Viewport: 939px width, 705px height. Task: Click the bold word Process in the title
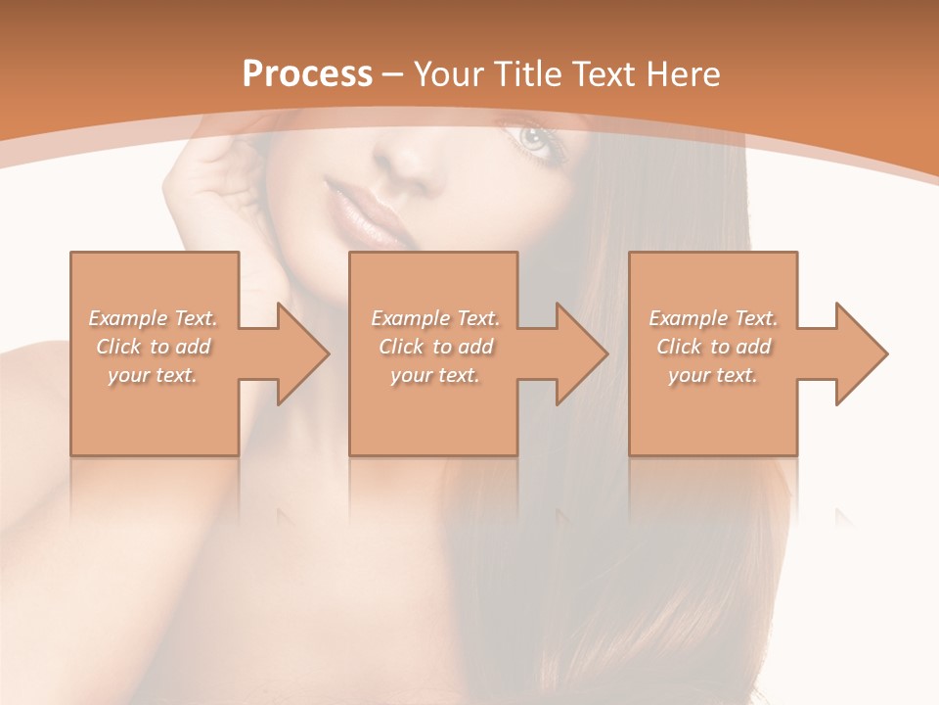tap(307, 74)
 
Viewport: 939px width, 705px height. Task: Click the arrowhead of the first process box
tap(298, 353)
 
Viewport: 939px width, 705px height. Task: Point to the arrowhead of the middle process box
tap(577, 353)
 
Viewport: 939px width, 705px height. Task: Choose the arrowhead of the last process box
tap(857, 353)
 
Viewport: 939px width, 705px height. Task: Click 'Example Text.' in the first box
tap(153, 318)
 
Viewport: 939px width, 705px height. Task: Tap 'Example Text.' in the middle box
tap(435, 318)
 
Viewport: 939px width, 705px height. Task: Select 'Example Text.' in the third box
tap(713, 318)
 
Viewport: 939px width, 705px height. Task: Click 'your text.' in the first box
tap(153, 375)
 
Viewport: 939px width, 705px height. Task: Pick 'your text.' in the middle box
tap(435, 375)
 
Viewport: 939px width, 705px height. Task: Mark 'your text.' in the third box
tap(713, 375)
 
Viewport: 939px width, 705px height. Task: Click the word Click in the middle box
tap(401, 347)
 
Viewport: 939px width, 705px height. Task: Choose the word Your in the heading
tap(446, 74)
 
